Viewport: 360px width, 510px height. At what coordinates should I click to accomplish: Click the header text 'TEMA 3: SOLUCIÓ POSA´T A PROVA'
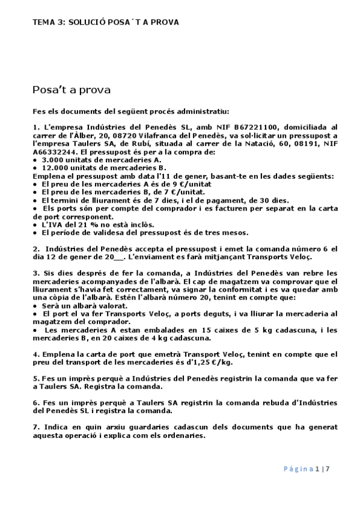(105, 22)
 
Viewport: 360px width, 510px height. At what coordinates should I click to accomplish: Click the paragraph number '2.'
(37, 248)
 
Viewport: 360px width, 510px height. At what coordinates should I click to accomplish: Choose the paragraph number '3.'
(36, 273)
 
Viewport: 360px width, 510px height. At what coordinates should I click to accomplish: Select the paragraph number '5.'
(36, 379)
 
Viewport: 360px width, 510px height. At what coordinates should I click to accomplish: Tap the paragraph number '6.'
(36, 403)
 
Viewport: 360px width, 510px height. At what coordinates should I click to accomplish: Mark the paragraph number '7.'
(36, 427)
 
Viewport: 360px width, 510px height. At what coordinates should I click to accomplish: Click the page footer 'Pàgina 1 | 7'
(306, 469)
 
